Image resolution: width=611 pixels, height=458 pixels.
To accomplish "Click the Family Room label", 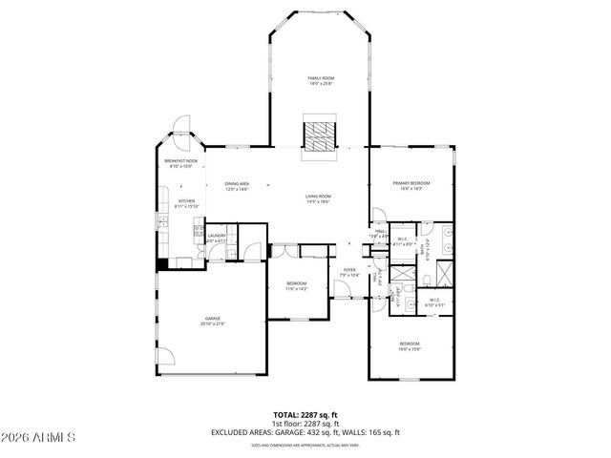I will point(319,79).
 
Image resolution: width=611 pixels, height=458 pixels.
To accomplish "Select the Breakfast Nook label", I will point(180,163).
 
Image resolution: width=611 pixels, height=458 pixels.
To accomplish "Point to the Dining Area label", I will point(237,186).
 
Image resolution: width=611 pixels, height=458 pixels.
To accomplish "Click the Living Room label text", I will point(318,198).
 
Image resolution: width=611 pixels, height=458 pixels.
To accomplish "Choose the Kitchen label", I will point(186,202).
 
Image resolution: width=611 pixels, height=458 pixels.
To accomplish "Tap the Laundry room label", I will point(216,238).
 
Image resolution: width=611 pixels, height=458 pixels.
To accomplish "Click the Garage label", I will point(212,321).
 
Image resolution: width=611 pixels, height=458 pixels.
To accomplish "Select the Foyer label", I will point(349,272).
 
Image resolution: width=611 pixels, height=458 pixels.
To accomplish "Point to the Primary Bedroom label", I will point(411,184).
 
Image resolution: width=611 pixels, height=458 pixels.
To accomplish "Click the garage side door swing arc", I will point(166,356).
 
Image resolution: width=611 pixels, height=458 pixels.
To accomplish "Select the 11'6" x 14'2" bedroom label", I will point(296,286).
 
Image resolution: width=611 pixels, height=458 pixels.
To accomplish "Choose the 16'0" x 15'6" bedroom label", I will point(409,345).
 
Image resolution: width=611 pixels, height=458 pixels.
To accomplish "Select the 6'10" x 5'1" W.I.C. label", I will point(434,302).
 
